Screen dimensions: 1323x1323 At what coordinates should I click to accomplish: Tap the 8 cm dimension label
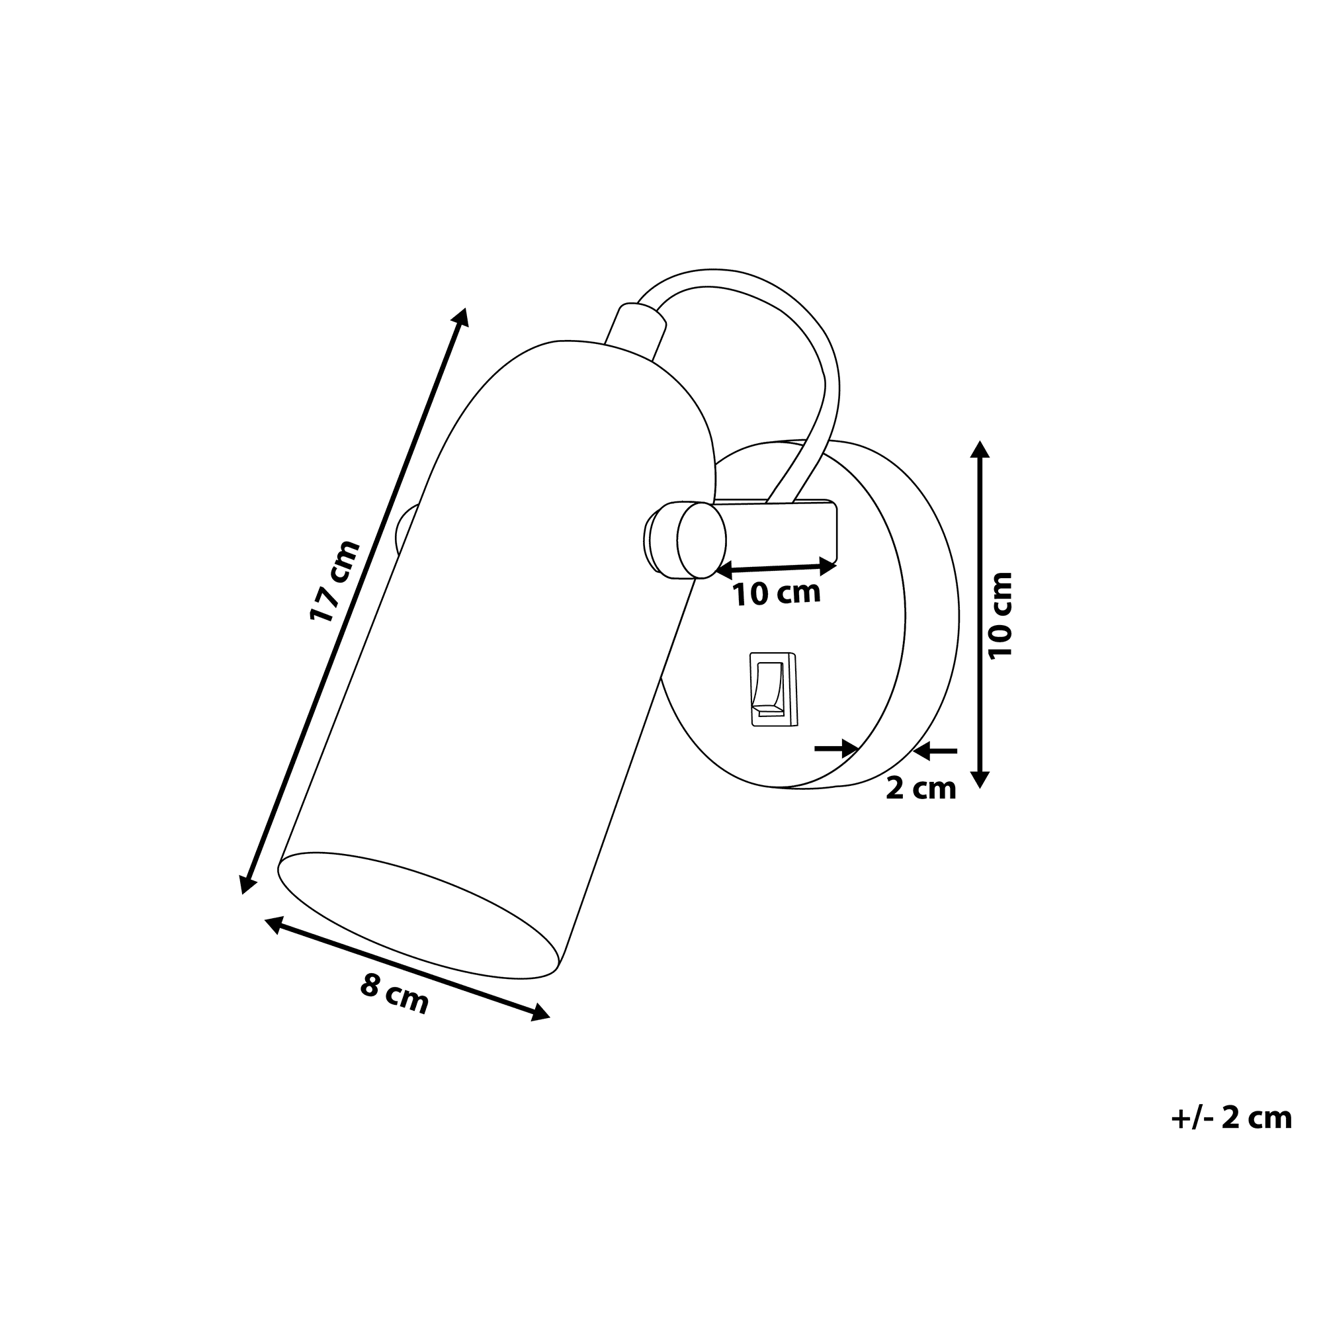(394, 994)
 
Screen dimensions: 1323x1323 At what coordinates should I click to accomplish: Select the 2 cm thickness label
(921, 789)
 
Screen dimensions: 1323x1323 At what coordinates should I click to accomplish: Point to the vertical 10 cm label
(1001, 615)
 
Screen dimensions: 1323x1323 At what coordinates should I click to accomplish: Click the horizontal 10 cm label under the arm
(777, 593)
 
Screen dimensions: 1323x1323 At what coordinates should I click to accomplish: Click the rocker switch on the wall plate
(775, 689)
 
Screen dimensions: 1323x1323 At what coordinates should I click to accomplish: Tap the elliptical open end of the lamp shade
(419, 915)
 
